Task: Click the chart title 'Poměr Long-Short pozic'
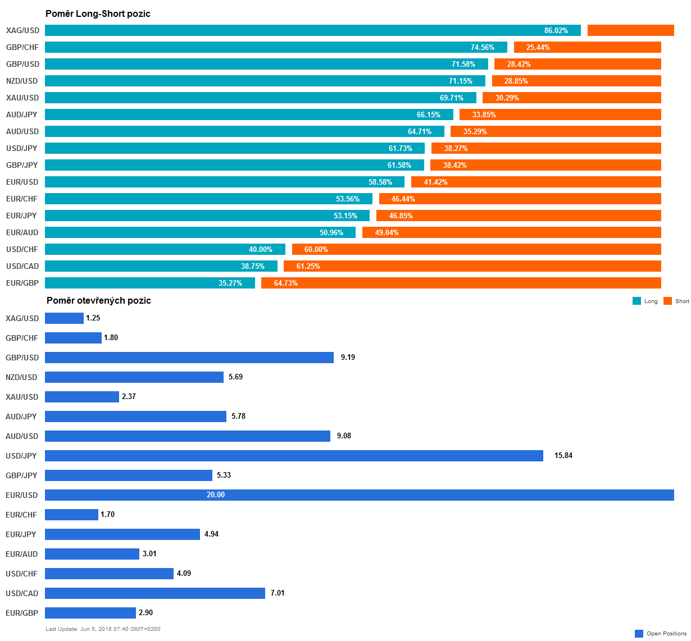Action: tap(98, 13)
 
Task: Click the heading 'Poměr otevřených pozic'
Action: tap(98, 300)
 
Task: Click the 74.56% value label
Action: tap(483, 47)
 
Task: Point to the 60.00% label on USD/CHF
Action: tap(316, 249)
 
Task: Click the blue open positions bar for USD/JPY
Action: tap(294, 456)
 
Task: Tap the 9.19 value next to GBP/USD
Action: tap(348, 358)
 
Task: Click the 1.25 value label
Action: tap(93, 318)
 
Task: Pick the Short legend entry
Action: tap(676, 301)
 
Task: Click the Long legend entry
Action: tap(645, 301)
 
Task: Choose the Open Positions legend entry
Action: tap(661, 634)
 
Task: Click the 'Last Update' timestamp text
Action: tap(103, 629)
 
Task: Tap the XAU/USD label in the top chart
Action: tap(22, 98)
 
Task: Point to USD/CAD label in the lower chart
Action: tap(22, 593)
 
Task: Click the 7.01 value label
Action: tap(278, 593)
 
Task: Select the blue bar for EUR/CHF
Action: tap(71, 515)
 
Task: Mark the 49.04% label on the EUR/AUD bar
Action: tap(387, 232)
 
